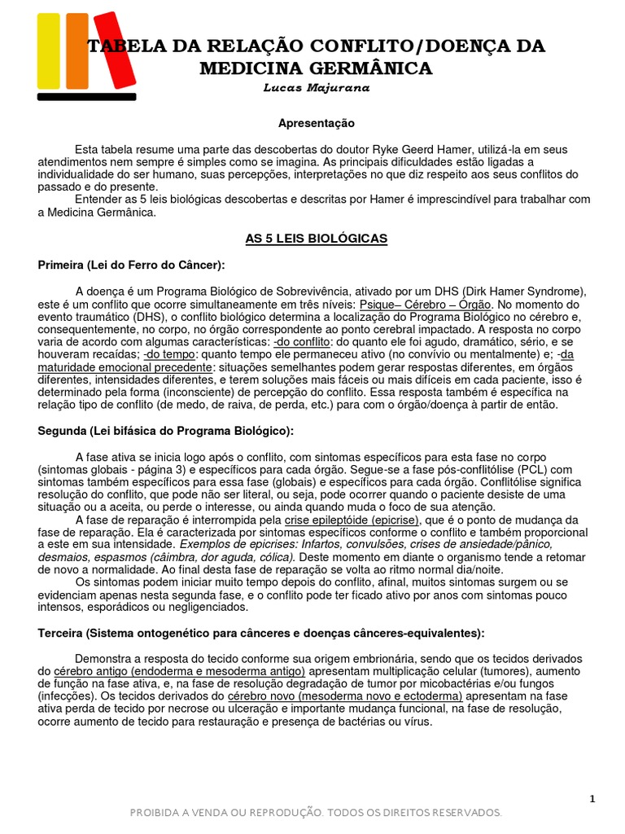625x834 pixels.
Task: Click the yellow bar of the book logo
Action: (x=48, y=50)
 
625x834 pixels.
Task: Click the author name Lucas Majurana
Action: (x=317, y=88)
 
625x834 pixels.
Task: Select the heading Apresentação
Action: (x=317, y=123)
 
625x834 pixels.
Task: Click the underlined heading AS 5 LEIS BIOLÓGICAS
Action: (x=317, y=239)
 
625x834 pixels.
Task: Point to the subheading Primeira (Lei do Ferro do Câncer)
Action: (x=131, y=265)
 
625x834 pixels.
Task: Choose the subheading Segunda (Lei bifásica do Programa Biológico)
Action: (x=166, y=430)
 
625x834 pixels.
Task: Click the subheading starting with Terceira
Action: (x=260, y=633)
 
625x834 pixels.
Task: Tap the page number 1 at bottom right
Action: (x=592, y=799)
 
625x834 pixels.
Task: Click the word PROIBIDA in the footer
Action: (x=161, y=813)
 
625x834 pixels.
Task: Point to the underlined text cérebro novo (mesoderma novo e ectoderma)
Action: (x=345, y=696)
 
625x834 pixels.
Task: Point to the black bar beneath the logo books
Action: (x=87, y=96)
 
